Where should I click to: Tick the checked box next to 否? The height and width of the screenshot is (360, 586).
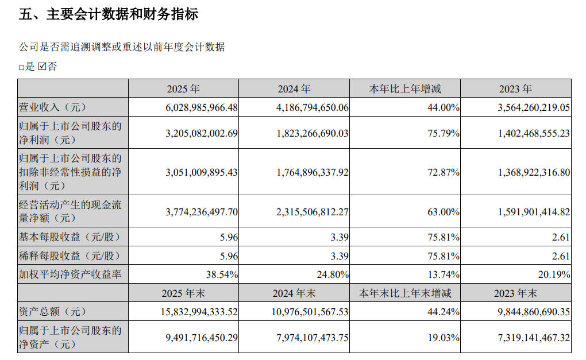(x=42, y=67)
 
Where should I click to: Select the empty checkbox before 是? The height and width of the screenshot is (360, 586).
(x=22, y=67)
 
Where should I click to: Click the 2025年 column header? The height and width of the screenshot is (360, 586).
(x=183, y=89)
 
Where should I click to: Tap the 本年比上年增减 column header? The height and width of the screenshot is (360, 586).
(x=405, y=89)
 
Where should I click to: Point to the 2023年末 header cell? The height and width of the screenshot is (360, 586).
(x=515, y=293)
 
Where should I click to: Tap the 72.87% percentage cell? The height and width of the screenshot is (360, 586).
(x=444, y=172)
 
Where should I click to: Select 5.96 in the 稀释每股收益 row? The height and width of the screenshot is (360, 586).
(x=228, y=256)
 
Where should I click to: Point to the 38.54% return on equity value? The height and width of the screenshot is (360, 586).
(x=222, y=274)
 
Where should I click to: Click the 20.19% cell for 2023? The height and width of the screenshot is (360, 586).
(x=554, y=274)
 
